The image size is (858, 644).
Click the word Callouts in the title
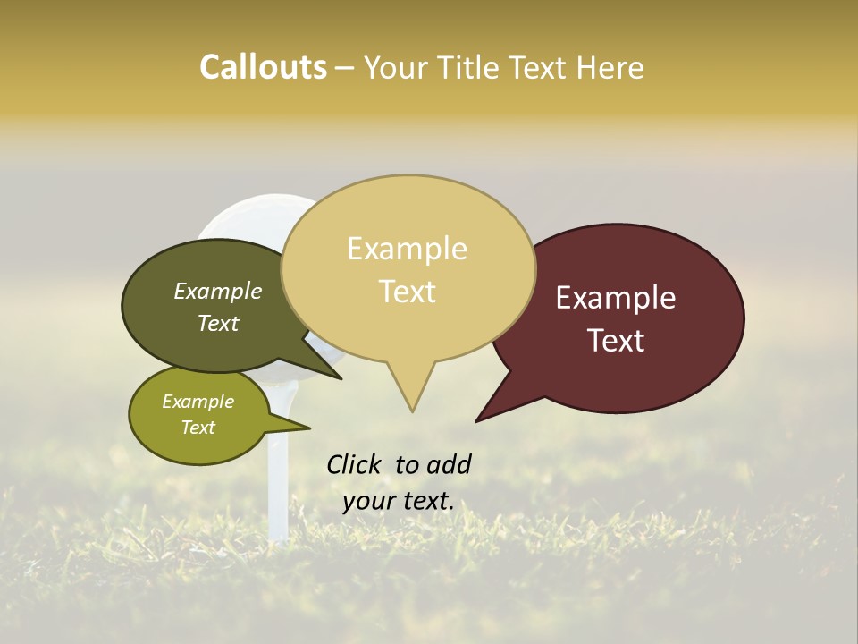[x=263, y=67]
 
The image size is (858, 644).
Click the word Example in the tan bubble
[x=407, y=249]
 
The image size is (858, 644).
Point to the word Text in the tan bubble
[x=407, y=292]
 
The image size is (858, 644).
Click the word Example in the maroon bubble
[x=616, y=298]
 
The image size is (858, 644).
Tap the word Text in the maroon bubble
[x=616, y=341]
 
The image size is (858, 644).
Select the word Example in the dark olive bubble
[x=218, y=292]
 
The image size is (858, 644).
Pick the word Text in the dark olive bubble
[x=218, y=323]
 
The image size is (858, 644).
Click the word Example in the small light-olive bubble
[x=198, y=402]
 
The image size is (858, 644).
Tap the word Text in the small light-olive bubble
[x=198, y=428]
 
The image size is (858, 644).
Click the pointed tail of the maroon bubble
[x=479, y=419]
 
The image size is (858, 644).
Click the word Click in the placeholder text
[x=356, y=464]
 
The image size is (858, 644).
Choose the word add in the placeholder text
[x=450, y=464]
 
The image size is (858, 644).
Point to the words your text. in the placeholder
[x=399, y=501]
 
